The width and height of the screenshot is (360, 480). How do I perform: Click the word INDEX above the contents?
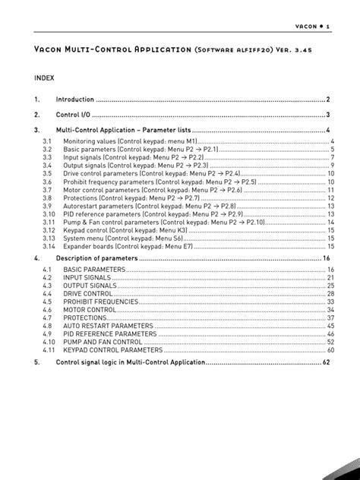tap(45, 77)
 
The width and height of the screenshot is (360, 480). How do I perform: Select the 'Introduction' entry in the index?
tap(75, 99)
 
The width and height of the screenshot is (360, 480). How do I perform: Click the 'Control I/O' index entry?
tap(74, 115)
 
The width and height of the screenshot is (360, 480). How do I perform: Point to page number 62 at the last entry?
tap(326, 363)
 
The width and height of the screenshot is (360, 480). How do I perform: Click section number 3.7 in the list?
tap(46, 191)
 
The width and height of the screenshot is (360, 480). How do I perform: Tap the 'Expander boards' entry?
tap(111, 246)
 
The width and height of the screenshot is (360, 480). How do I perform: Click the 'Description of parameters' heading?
tap(97, 258)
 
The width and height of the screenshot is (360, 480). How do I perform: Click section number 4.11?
tap(48, 350)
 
